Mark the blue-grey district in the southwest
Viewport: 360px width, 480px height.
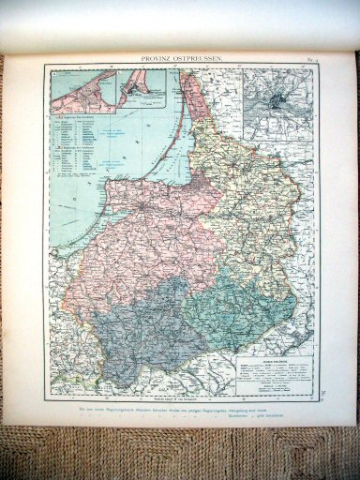141,328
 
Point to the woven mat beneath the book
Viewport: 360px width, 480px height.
178,455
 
